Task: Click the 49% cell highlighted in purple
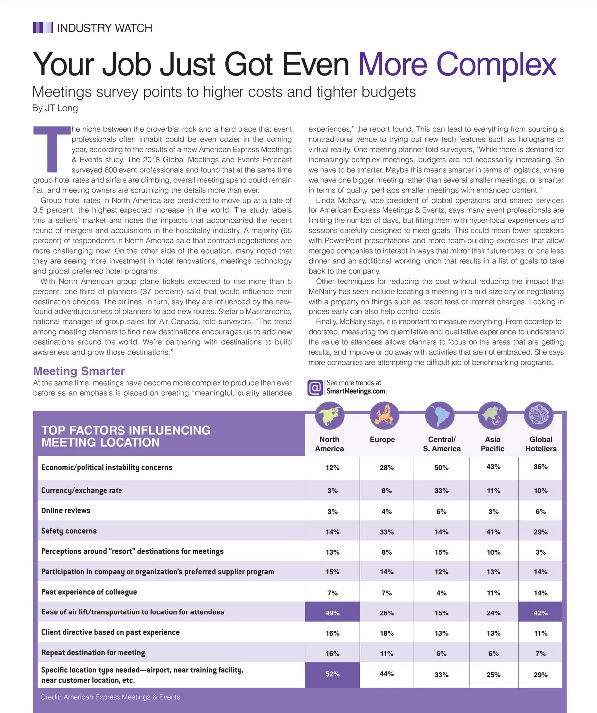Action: click(332, 612)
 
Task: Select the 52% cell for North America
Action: click(332, 674)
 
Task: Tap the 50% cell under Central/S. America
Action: click(441, 468)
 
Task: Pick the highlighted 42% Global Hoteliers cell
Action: click(540, 612)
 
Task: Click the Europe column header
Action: click(382, 440)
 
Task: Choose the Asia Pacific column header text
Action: click(492, 444)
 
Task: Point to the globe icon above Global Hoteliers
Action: click(539, 415)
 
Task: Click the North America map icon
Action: click(330, 415)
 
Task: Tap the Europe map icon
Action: click(385, 415)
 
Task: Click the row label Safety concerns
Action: click(69, 531)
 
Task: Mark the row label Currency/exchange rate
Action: click(82, 491)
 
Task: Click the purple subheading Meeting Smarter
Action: click(79, 371)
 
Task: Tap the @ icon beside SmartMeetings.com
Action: click(315, 387)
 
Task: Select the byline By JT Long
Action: click(55, 108)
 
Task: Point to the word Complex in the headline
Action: click(496, 65)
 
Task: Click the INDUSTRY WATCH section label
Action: click(105, 28)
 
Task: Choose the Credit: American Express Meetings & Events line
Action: click(111, 697)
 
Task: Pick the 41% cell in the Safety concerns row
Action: click(493, 532)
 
